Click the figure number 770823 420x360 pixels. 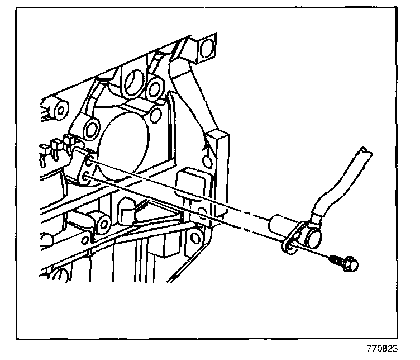(x=384, y=348)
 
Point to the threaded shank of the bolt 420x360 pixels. (x=336, y=259)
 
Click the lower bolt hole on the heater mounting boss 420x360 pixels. (x=87, y=178)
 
